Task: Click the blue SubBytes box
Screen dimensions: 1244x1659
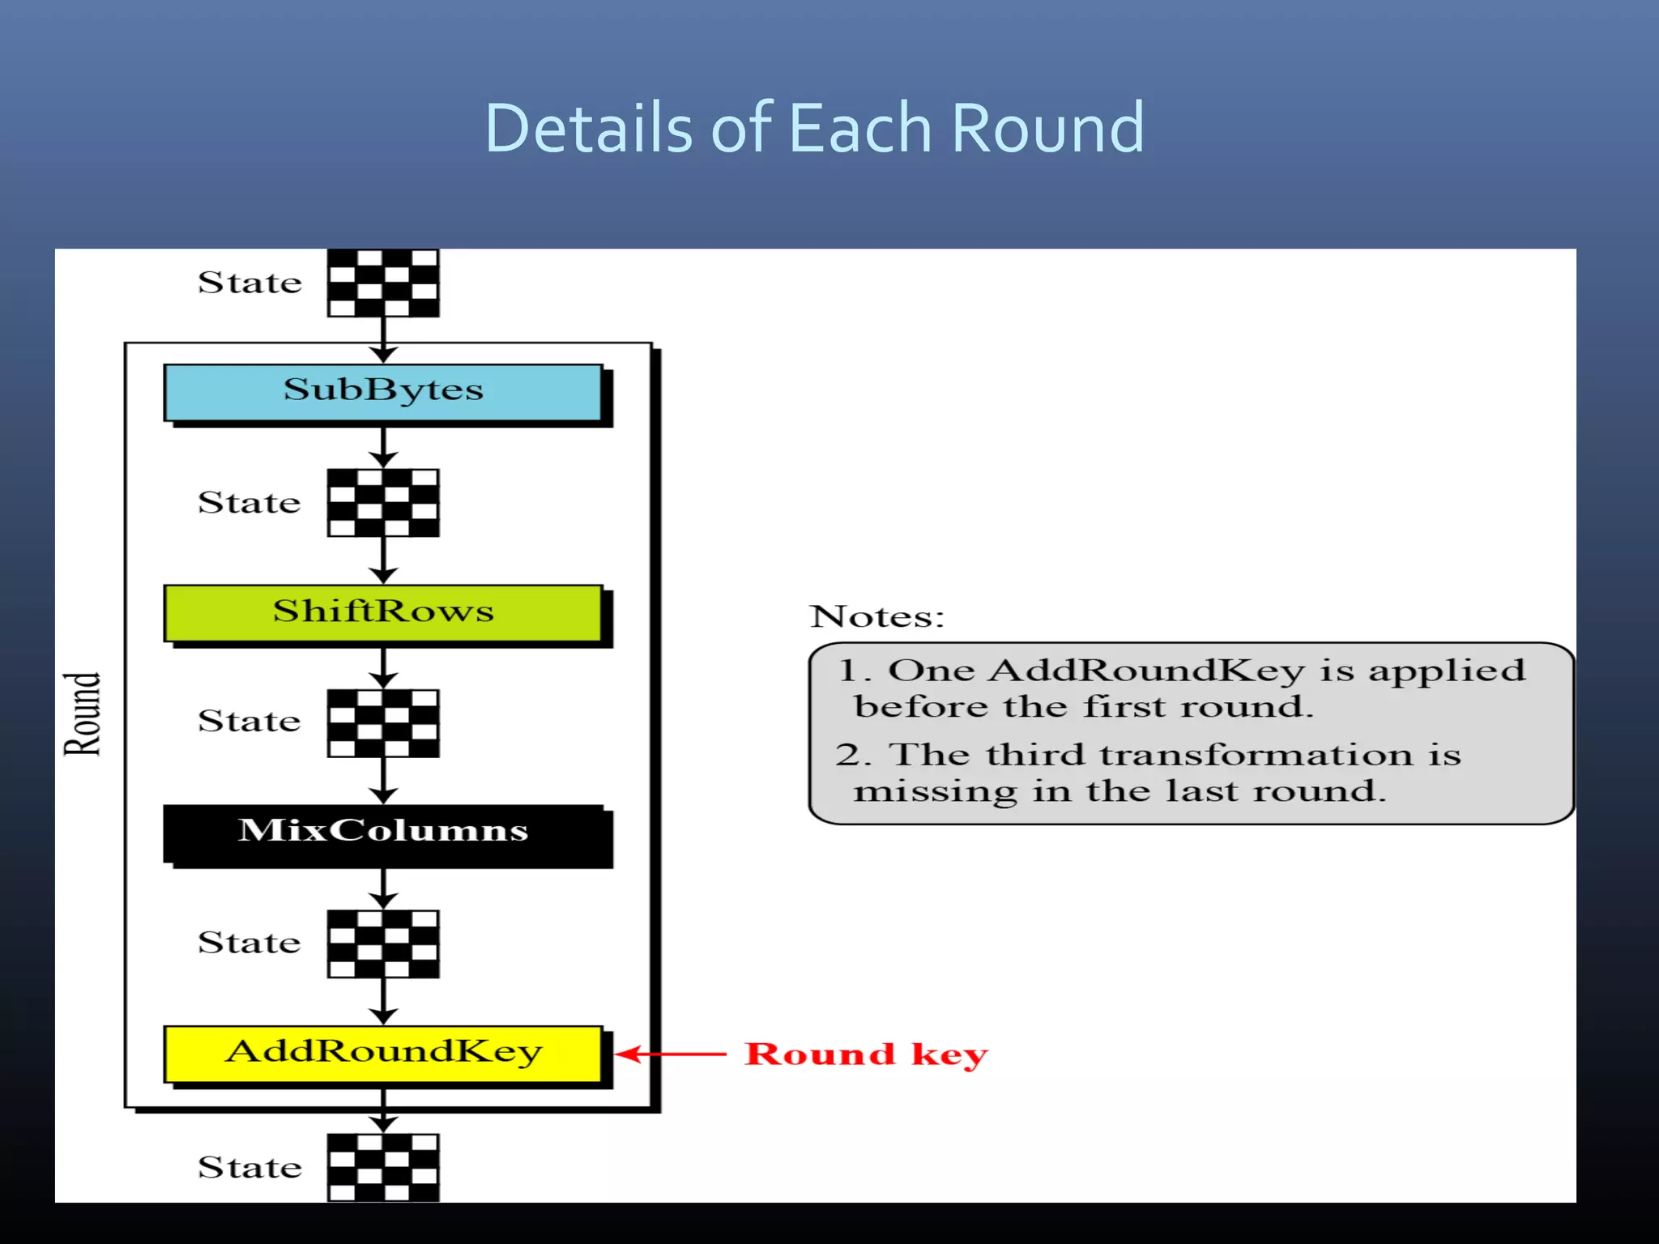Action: click(x=382, y=392)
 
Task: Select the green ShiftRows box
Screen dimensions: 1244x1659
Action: click(x=382, y=612)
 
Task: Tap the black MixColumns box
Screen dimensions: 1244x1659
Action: click(x=382, y=833)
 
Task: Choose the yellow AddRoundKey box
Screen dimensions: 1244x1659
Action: click(x=382, y=1053)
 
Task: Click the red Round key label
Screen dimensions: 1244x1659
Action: click(x=865, y=1054)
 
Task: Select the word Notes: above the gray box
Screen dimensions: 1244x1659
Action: click(x=877, y=617)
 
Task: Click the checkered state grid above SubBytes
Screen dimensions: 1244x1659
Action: click(x=383, y=283)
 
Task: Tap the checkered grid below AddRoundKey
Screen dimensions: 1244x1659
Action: click(x=383, y=1167)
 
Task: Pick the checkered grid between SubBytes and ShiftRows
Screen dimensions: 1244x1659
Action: click(x=383, y=503)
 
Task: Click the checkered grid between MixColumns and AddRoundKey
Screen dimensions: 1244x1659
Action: click(x=383, y=944)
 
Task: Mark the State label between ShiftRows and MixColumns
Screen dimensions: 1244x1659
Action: click(x=249, y=721)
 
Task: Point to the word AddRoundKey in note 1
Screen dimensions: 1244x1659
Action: click(x=1147, y=671)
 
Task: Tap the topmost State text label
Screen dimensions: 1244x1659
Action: click(x=249, y=283)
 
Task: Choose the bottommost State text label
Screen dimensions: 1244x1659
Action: click(x=249, y=1167)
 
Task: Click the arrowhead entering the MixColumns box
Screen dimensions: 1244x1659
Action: click(x=383, y=795)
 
